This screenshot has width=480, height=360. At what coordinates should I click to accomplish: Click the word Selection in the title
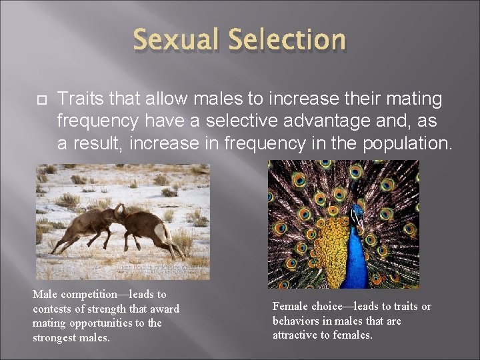click(x=287, y=40)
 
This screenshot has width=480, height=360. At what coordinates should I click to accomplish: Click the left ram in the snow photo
click(x=87, y=227)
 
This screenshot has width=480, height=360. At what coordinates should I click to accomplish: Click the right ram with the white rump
click(x=150, y=230)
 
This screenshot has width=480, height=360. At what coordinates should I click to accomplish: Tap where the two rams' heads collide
click(x=120, y=212)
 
